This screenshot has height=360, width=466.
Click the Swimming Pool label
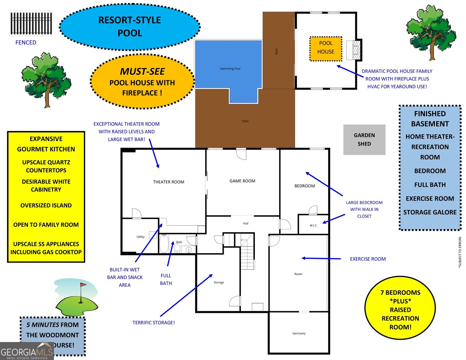click(x=230, y=69)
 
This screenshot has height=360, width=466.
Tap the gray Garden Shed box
click(x=364, y=139)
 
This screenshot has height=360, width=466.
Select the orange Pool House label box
click(x=326, y=49)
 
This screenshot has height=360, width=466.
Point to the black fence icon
click(x=31, y=23)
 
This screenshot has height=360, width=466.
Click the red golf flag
click(x=83, y=285)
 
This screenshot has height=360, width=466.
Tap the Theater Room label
click(x=169, y=182)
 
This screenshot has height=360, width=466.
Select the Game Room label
click(x=242, y=181)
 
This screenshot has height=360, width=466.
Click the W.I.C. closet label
click(x=313, y=225)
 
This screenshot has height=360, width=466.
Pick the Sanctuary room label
click(x=299, y=333)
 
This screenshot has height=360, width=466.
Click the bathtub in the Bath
click(x=164, y=244)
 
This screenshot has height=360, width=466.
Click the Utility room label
click(x=140, y=237)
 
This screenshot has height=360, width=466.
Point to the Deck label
click(x=276, y=51)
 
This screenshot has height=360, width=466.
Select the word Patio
click(x=245, y=121)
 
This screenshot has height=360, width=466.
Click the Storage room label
click(x=219, y=282)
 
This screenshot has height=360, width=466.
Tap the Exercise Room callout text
click(x=368, y=259)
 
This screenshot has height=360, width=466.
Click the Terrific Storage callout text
click(x=154, y=322)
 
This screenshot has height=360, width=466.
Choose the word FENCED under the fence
click(x=26, y=43)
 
